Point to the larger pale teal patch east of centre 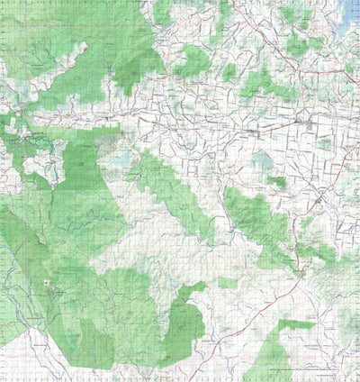pyautogui.click(x=263, y=162)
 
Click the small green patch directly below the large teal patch pyautogui.click(x=278, y=182)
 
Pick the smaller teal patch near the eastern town pyautogui.click(x=323, y=143)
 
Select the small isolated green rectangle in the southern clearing pyautogui.click(x=228, y=283)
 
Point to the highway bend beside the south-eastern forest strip pyautogui.click(x=297, y=270)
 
